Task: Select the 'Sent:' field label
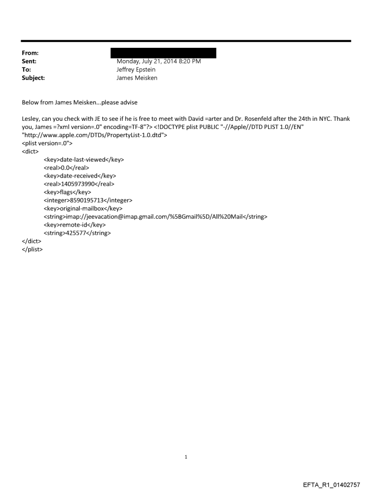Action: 28,61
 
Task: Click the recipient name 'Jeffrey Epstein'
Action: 136,70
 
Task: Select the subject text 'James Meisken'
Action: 137,78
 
